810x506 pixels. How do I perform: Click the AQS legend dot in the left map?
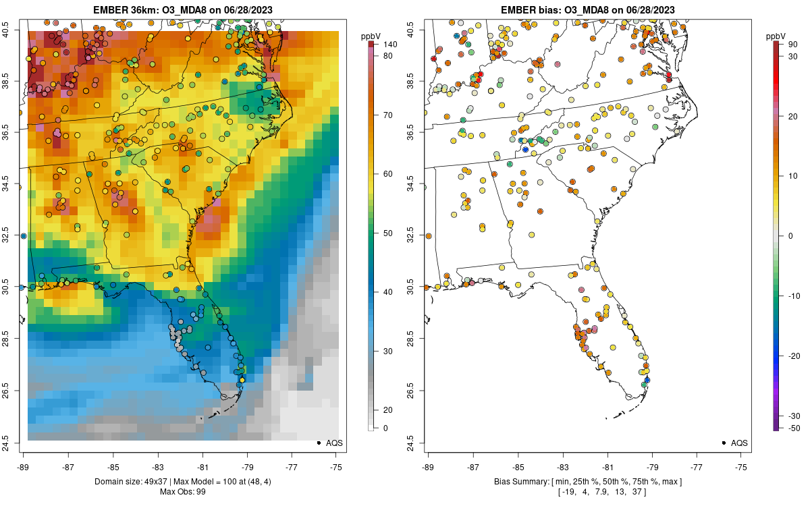pyautogui.click(x=318, y=443)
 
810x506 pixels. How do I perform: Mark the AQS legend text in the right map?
pyautogui.click(x=739, y=443)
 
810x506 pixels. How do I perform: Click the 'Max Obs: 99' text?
pyautogui.click(x=182, y=491)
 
